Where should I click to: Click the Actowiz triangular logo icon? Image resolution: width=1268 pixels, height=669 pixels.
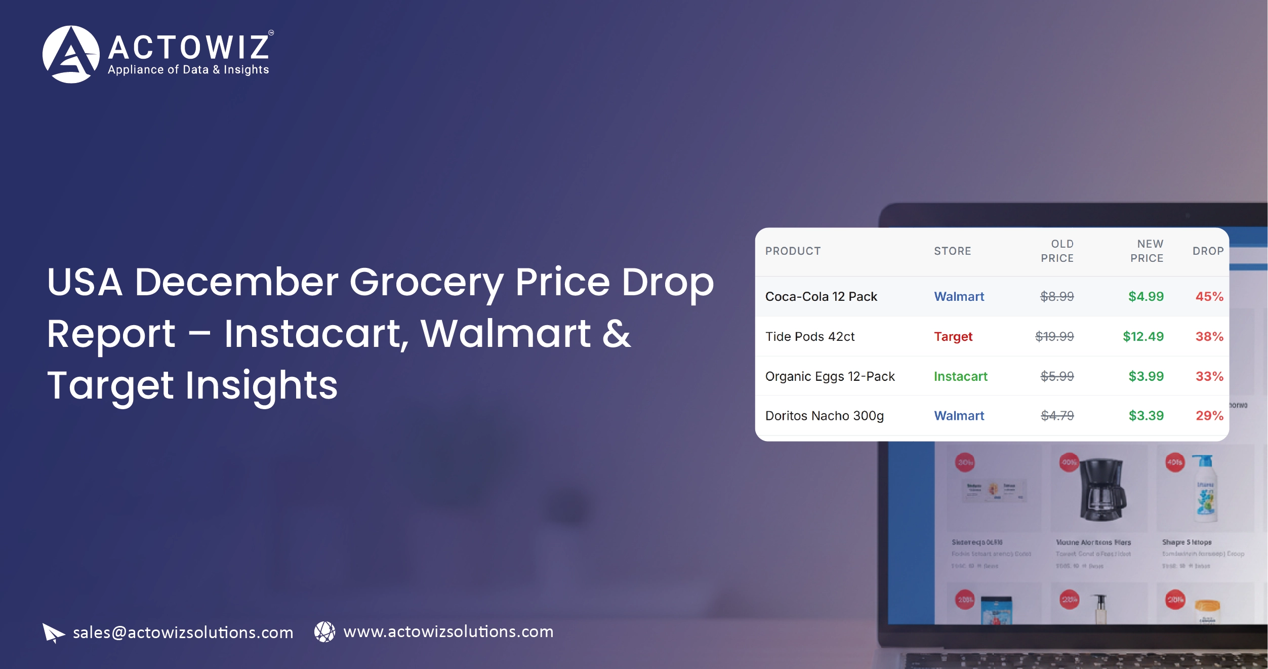[71, 54]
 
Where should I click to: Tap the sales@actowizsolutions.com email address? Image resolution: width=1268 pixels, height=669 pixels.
[183, 633]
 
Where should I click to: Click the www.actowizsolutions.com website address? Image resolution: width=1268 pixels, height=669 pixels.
[448, 632]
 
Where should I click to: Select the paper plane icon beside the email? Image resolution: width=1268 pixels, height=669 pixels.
[53, 633]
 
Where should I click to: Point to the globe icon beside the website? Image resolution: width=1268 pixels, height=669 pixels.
[324, 632]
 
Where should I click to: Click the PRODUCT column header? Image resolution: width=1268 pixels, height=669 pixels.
[793, 251]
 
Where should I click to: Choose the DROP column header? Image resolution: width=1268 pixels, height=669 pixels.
[1208, 251]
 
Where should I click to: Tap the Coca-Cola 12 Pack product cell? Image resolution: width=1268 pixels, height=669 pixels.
[821, 297]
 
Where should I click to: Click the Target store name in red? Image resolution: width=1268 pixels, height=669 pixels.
[953, 337]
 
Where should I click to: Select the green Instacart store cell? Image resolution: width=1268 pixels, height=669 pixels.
[960, 377]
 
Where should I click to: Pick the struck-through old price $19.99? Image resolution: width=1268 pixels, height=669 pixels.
[1054, 337]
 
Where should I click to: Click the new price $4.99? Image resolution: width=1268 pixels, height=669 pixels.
[1146, 297]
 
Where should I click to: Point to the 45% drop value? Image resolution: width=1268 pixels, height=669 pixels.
[1209, 297]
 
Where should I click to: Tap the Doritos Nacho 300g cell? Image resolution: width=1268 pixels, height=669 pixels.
[824, 416]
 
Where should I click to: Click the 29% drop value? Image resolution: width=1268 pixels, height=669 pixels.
[1209, 416]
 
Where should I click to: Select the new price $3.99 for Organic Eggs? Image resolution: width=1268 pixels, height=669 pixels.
[1146, 377]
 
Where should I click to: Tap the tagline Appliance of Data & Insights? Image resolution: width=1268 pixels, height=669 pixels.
[188, 70]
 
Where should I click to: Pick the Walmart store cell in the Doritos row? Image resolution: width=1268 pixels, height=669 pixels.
[959, 416]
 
